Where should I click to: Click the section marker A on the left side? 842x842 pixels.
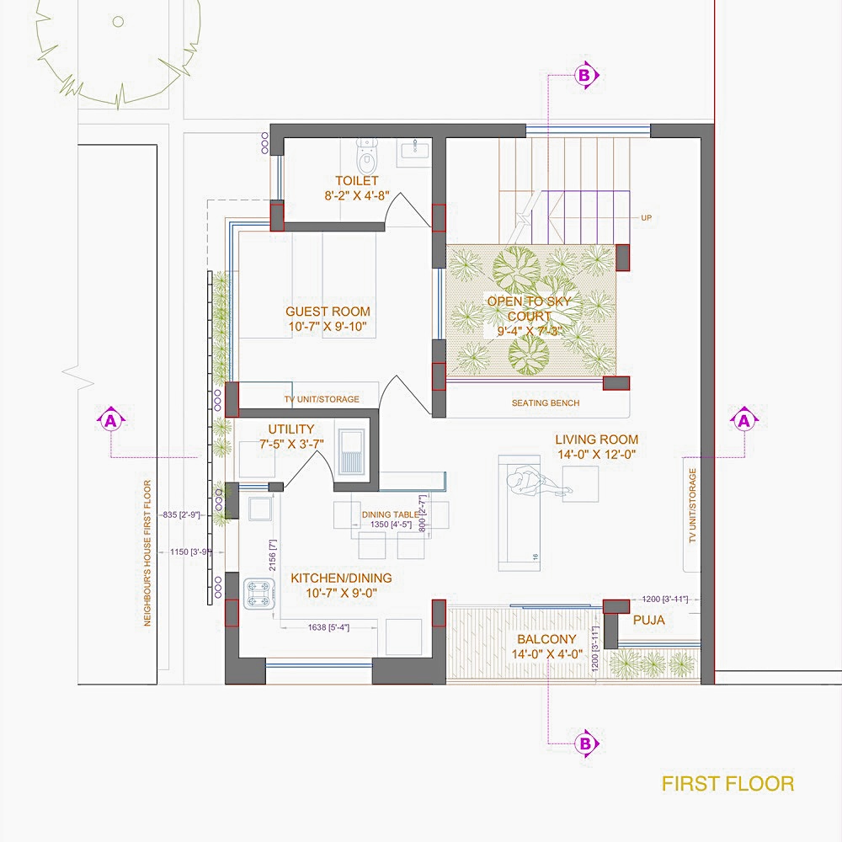tap(111, 419)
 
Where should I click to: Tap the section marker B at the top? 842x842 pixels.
tap(585, 76)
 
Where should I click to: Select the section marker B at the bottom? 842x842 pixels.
tap(585, 743)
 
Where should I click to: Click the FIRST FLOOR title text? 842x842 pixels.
tap(727, 784)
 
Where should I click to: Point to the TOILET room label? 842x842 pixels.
tap(356, 180)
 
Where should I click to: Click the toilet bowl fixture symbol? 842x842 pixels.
tap(367, 156)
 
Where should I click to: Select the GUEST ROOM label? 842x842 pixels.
tap(328, 312)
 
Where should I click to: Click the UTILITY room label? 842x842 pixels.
tap(290, 429)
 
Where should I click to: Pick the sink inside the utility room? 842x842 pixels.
tap(351, 452)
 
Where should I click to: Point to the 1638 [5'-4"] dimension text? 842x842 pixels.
tap(328, 627)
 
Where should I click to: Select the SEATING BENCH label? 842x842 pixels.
tap(546, 403)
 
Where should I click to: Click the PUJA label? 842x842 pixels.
tap(648, 621)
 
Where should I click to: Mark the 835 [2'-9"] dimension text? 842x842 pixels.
tap(181, 514)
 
